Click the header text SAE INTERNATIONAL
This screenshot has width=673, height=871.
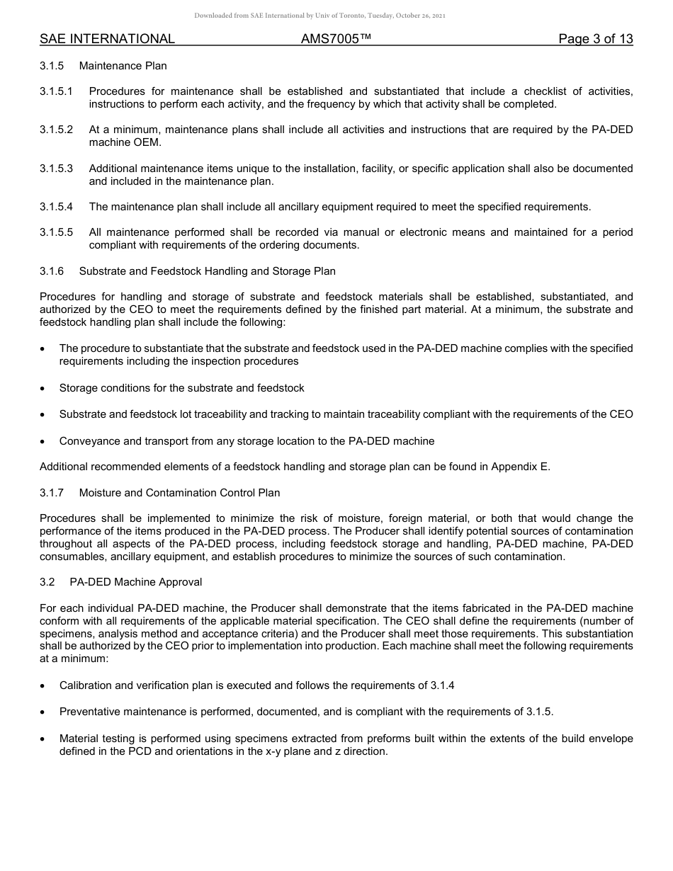107,39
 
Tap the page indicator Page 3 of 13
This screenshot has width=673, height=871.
595,39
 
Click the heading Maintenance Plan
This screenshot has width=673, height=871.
123,66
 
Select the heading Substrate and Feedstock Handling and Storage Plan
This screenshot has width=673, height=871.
207,271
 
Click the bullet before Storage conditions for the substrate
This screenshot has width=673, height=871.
44,388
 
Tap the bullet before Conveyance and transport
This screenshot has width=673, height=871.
44,441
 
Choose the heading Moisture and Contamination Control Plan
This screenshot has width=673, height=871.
179,493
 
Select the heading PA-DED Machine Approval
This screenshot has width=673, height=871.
135,582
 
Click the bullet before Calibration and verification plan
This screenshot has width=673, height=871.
44,685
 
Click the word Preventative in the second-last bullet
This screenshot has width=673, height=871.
89,712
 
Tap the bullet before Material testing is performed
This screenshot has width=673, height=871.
44,739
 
